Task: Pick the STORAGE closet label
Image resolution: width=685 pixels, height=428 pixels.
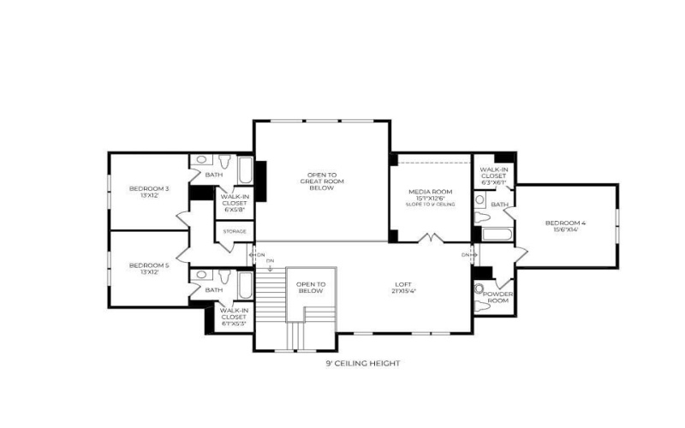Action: point(235,232)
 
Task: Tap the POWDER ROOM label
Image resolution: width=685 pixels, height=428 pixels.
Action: point(497,297)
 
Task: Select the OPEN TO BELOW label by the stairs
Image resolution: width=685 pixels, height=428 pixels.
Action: point(311,288)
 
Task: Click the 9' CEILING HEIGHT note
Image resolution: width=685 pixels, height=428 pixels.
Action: point(362,364)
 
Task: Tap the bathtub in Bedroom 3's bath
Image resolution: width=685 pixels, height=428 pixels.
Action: point(245,170)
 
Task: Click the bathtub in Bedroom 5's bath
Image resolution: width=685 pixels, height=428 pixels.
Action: point(245,284)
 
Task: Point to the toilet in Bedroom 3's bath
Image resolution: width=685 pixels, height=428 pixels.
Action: point(223,161)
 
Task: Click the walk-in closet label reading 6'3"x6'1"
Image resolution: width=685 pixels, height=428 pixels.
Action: point(493,176)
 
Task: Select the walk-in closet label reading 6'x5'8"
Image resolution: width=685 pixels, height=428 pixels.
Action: point(235,202)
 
